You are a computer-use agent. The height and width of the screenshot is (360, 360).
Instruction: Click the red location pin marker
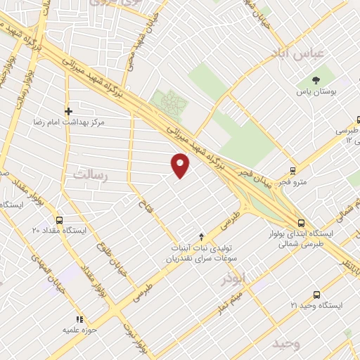181,165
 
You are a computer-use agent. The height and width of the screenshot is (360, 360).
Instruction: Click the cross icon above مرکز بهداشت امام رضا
68,110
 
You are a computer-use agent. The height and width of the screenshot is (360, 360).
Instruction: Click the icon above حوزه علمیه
79,318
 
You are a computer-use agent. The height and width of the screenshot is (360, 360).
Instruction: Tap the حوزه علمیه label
79,329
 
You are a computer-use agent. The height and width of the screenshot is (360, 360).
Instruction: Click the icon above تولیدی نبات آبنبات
202,236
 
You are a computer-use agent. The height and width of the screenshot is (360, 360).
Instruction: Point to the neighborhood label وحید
287,343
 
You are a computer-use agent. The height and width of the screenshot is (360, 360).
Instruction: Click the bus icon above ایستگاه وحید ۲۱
316,295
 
